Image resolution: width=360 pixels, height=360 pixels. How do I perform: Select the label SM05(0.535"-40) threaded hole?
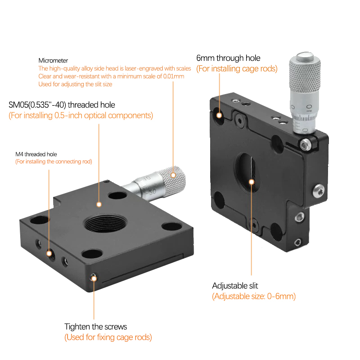(x=62, y=105)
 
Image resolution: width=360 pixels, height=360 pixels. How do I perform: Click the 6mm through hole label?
(x=228, y=58)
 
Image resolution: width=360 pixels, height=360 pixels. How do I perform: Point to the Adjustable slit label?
(x=235, y=286)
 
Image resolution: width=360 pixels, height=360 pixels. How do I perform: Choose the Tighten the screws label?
(x=95, y=326)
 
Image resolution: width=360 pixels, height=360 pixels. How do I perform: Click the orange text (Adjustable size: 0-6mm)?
(x=254, y=297)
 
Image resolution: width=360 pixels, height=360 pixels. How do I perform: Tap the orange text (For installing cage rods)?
(x=237, y=69)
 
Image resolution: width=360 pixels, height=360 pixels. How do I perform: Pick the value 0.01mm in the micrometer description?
(x=174, y=76)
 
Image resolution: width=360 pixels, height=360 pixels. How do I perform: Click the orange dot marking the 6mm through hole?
(x=220, y=115)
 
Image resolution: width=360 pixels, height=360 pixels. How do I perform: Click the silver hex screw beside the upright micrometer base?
(x=306, y=144)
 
